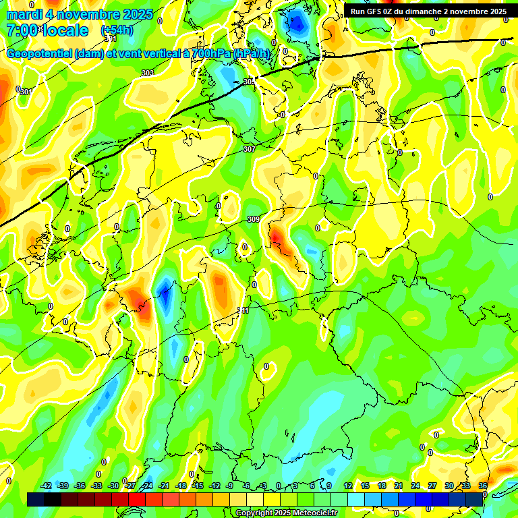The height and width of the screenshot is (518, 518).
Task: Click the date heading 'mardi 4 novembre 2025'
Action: pyautogui.click(x=80, y=14)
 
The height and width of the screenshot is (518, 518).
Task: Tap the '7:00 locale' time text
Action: pyautogui.click(x=47, y=30)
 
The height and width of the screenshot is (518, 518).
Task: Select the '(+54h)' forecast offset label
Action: pyautogui.click(x=117, y=30)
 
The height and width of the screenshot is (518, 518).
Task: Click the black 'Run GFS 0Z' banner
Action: pyautogui.click(x=428, y=11)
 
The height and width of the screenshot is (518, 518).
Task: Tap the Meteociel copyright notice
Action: pyautogui.click(x=286, y=513)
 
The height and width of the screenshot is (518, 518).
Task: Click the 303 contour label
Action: pyautogui.click(x=147, y=73)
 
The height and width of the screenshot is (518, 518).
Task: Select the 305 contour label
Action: pyautogui.click(x=249, y=82)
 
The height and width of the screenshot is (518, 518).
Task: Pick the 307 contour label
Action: pyautogui.click(x=249, y=149)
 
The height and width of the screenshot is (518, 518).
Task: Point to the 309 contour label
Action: pyautogui.click(x=254, y=219)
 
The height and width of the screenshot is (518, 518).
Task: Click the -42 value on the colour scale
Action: pyautogui.click(x=47, y=486)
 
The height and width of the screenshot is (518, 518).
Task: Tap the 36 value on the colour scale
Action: pyautogui.click(x=483, y=486)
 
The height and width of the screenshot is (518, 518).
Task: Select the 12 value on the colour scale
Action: pyautogui.click(x=348, y=486)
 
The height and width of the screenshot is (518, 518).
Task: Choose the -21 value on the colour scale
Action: pyautogui.click(x=164, y=486)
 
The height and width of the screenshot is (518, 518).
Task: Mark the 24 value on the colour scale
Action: pyautogui.click(x=415, y=486)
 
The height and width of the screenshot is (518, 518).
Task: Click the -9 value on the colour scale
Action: pyautogui.click(x=230, y=486)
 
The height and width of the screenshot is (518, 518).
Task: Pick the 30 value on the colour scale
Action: pyautogui.click(x=449, y=486)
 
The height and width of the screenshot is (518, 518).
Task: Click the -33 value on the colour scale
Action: pyautogui.click(x=97, y=486)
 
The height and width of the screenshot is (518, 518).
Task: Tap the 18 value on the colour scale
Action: pyautogui.click(x=382, y=486)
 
